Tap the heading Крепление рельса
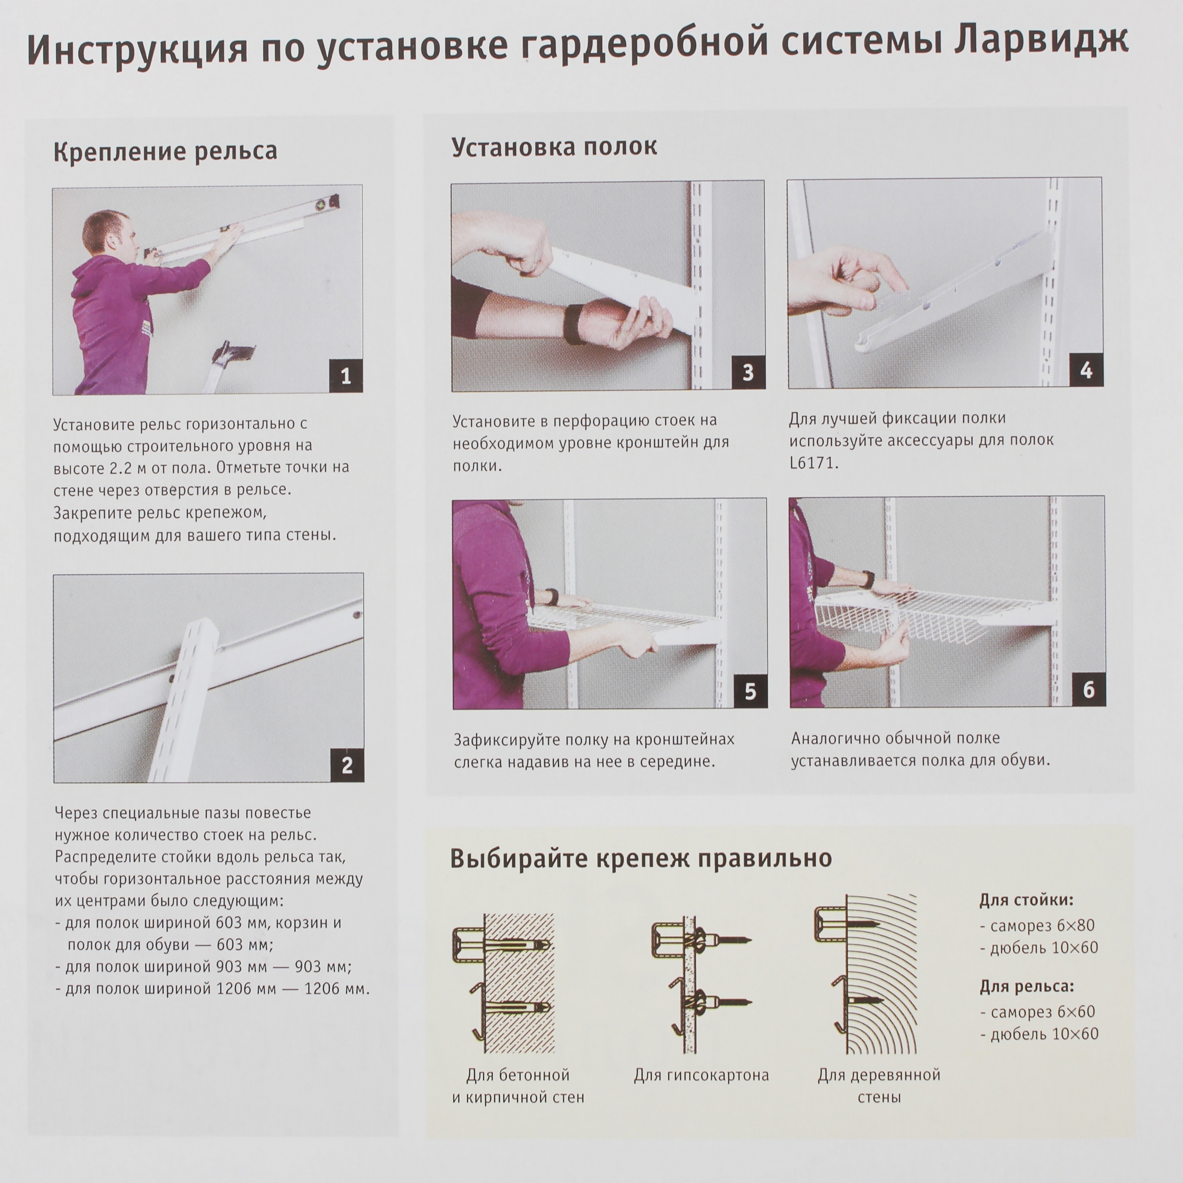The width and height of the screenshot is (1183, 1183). pos(166,151)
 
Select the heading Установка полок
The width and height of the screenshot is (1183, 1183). pos(554,147)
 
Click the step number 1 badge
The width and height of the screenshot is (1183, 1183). pos(345,376)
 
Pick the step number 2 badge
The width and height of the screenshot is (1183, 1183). pos(347,765)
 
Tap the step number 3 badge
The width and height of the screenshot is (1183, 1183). pos(748,372)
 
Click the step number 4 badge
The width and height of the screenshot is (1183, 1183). pos(1085,370)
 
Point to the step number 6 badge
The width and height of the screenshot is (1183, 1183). pos(1088,690)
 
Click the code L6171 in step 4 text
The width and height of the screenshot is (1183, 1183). pos(813,463)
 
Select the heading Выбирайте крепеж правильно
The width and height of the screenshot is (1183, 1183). pos(641,858)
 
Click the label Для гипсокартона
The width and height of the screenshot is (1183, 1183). pos(701,1075)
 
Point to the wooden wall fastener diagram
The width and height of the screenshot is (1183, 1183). pos(867,974)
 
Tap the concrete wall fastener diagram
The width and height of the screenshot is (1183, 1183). pos(505,980)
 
